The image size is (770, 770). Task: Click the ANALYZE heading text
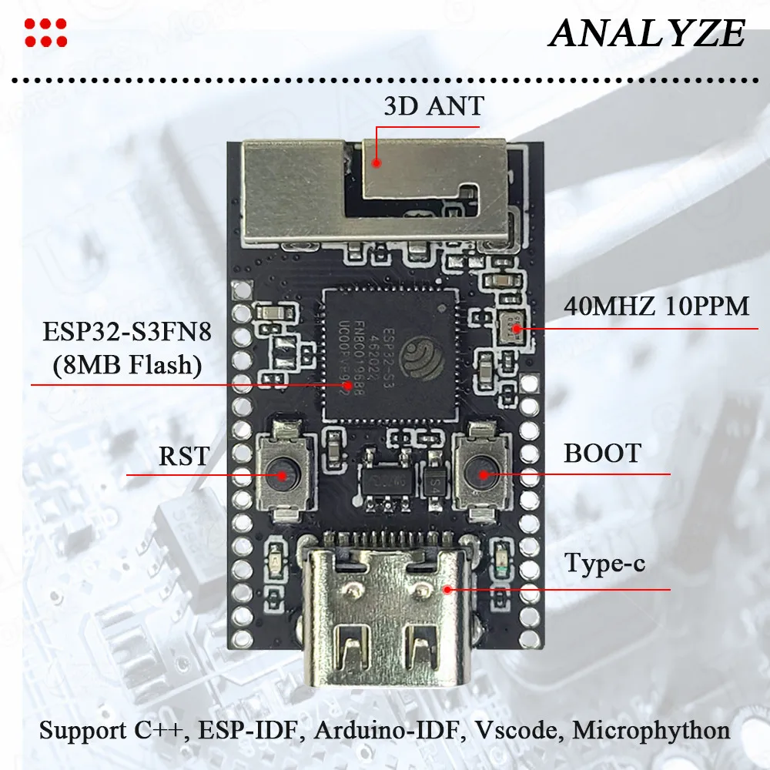[x=646, y=33]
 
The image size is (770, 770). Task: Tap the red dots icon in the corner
[x=45, y=32]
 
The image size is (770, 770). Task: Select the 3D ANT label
[x=433, y=105]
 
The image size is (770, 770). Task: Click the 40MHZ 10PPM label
[x=656, y=306]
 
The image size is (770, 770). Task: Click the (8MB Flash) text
[x=127, y=365]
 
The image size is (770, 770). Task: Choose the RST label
[x=183, y=455]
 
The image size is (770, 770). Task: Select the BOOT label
[x=602, y=453]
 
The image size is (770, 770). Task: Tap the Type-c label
[x=604, y=564]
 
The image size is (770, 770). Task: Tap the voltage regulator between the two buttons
[x=383, y=486]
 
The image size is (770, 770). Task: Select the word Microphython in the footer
[x=651, y=729]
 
